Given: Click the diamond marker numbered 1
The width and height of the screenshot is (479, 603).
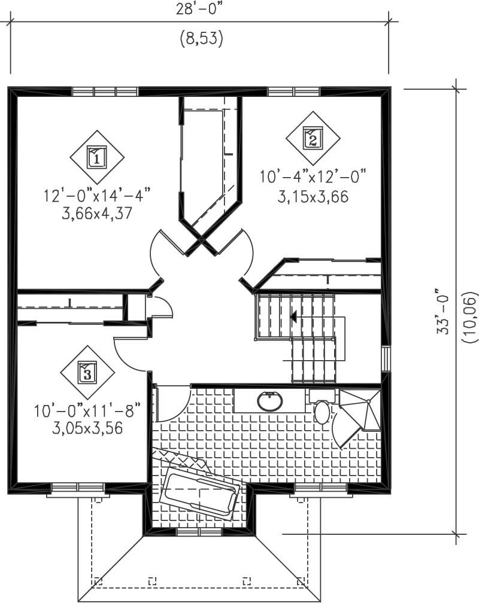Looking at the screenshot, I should click(97, 157).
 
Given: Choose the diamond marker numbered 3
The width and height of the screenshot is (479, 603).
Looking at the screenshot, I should click(87, 373).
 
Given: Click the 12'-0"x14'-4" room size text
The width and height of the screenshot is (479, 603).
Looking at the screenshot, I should click(96, 196).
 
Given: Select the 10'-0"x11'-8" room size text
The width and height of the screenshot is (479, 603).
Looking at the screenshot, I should click(87, 412).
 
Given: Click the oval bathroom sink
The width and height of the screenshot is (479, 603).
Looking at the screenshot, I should click(270, 400).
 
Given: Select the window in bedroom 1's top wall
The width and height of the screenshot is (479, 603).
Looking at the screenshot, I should click(105, 92).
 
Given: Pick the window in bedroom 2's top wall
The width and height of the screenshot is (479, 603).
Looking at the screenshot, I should click(293, 92).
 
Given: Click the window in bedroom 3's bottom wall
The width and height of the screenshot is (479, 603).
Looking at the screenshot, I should click(78, 488).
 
